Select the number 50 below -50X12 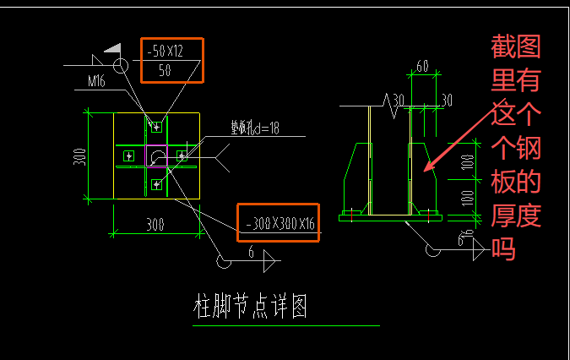[165, 71]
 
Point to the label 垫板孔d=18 [256, 129]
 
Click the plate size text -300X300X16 [278, 224]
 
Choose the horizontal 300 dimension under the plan [155, 224]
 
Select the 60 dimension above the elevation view [422, 66]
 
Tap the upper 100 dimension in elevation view [467, 163]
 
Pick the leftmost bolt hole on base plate [128, 155]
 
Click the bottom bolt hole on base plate [156, 183]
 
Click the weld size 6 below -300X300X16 [251, 253]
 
